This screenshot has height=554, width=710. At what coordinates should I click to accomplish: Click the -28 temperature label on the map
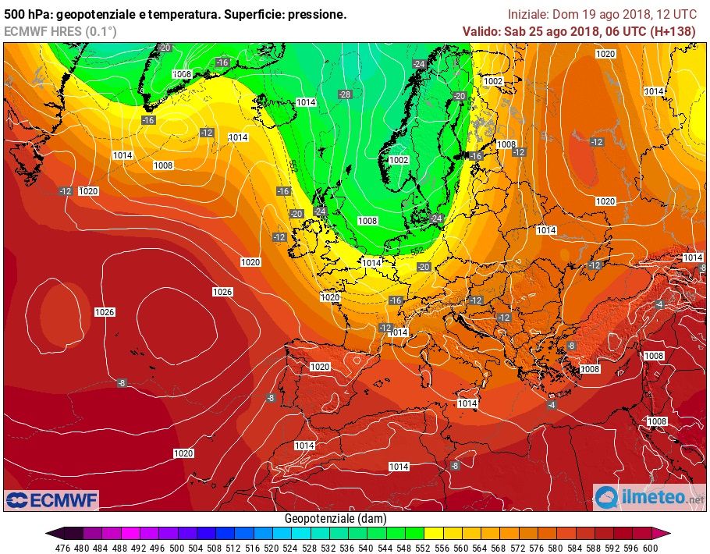coord(345,94)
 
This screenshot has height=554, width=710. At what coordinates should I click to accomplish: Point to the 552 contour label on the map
coord(417,251)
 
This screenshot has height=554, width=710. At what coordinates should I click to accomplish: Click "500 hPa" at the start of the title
coord(27,14)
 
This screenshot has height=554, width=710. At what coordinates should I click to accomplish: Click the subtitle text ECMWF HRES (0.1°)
coord(60,31)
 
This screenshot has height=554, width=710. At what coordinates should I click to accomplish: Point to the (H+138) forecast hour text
coord(673,31)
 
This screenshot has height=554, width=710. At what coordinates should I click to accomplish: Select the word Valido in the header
coord(481,31)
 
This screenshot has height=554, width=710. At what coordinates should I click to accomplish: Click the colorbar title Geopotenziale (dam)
coord(335,518)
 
